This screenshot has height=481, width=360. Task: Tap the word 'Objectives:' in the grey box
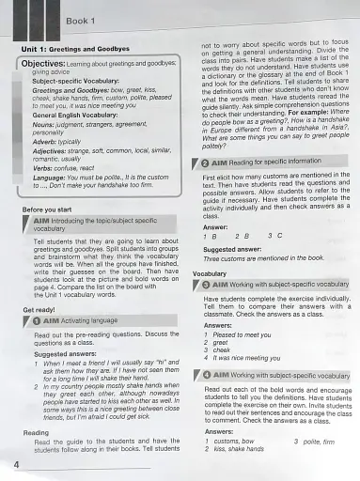coord(42,63)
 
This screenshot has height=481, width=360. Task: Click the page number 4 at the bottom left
coord(8,466)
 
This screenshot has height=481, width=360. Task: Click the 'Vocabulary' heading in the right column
coord(211,273)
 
